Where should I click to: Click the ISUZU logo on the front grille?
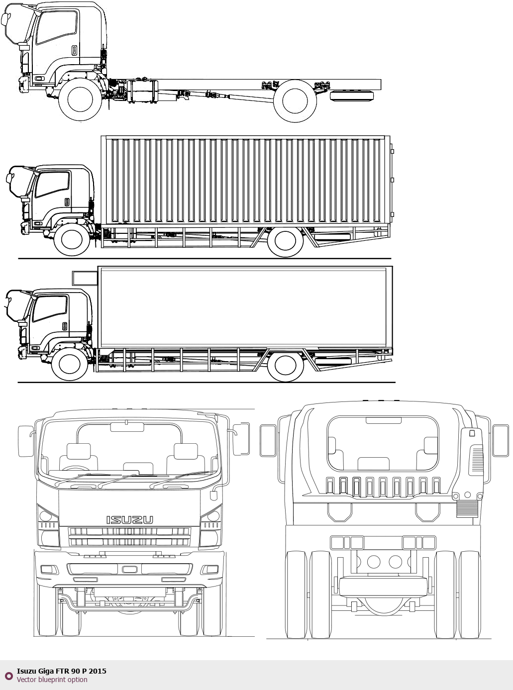[x=129, y=520]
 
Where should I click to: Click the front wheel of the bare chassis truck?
[x=80, y=99]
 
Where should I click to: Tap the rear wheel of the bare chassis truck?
[x=295, y=101]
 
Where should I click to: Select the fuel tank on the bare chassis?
[x=143, y=91]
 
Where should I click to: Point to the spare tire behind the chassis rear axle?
[x=352, y=96]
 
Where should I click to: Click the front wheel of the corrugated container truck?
[x=72, y=239]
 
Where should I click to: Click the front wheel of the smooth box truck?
[x=70, y=364]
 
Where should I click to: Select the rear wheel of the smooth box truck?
[x=286, y=365]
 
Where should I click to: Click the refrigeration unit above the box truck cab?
[x=85, y=278]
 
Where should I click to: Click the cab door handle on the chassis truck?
[x=75, y=50]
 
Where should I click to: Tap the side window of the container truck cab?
[x=52, y=184]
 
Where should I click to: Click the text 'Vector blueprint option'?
[x=52, y=680]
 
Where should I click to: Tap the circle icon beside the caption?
[x=9, y=676]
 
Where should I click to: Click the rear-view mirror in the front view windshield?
[x=127, y=427]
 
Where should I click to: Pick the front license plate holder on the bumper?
[x=129, y=569]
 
